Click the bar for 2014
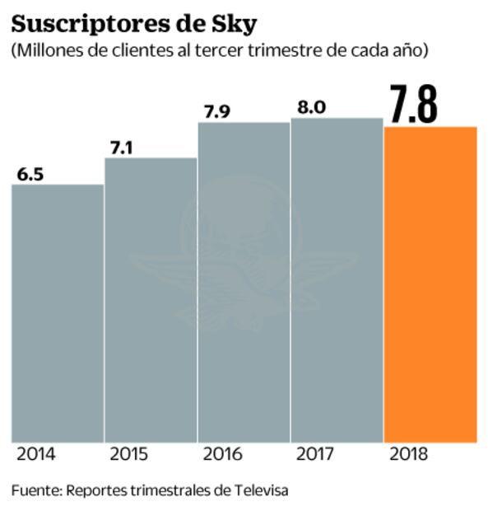(57, 313)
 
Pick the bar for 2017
(337, 280)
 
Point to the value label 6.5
(30, 174)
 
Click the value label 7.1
(123, 148)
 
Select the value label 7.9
(216, 111)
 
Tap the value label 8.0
(309, 107)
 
